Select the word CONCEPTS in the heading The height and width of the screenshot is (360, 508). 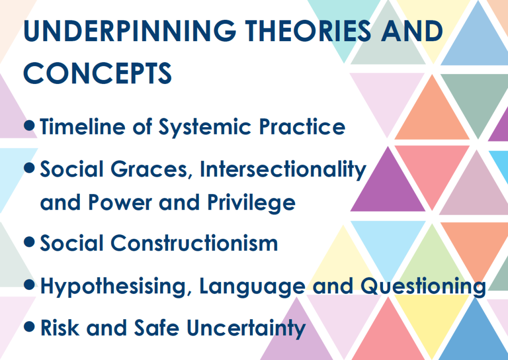pos(98,73)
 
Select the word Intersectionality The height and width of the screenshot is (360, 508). pos(283,169)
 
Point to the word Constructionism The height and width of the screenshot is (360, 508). pos(194,243)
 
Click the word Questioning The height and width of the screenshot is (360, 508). pos(423,287)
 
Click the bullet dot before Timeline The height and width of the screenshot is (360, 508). pos(30,126)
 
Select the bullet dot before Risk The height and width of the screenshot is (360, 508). pos(30,327)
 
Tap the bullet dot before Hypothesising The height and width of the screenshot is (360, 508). pos(30,285)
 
